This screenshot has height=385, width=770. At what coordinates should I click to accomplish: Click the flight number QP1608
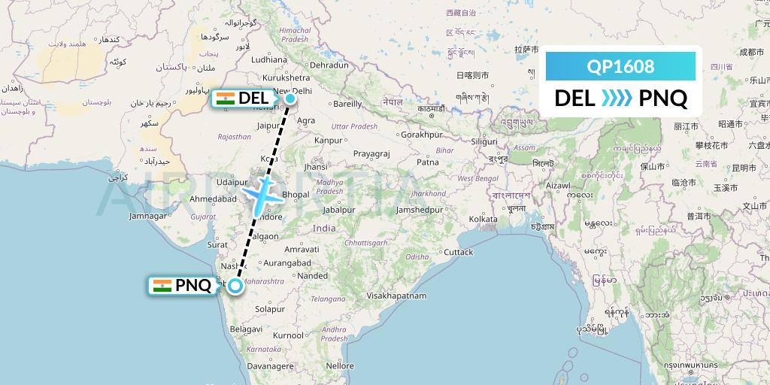point(620,66)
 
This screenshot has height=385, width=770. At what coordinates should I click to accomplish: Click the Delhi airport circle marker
point(290,97)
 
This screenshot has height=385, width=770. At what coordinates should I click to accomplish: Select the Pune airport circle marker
point(235,285)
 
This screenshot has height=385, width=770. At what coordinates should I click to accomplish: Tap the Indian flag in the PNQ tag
point(162,286)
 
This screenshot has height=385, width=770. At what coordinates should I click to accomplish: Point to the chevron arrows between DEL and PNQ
point(617,99)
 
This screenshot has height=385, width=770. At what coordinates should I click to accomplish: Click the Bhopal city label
point(296,195)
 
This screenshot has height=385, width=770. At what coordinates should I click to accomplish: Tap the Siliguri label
point(479,141)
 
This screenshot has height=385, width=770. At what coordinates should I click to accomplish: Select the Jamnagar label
point(147,216)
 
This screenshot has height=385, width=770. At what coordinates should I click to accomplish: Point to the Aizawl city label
point(559,184)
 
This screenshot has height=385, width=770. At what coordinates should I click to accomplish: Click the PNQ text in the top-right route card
point(662,99)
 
